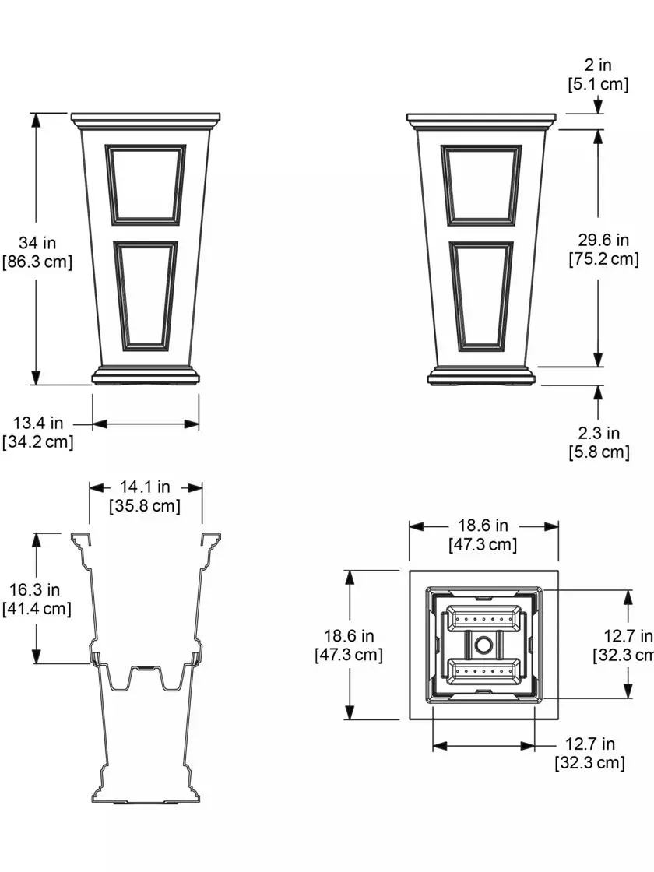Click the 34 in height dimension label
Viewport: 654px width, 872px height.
tap(38, 244)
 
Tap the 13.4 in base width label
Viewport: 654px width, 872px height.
tap(38, 424)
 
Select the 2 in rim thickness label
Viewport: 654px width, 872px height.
tap(598, 66)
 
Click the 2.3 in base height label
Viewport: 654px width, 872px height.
tap(598, 433)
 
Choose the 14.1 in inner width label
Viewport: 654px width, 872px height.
tap(145, 487)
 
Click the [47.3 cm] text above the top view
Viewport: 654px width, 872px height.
tap(483, 545)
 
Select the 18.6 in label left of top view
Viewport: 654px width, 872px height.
tap(349, 636)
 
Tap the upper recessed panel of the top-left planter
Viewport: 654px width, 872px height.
tap(146, 184)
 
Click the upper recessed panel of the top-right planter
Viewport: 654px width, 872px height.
tap(481, 184)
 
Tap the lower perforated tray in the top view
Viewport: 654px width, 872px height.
tap(483, 669)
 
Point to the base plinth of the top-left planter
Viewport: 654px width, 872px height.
tap(146, 377)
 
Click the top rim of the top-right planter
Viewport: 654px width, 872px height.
tap(481, 119)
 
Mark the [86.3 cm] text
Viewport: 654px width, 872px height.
tap(38, 262)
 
